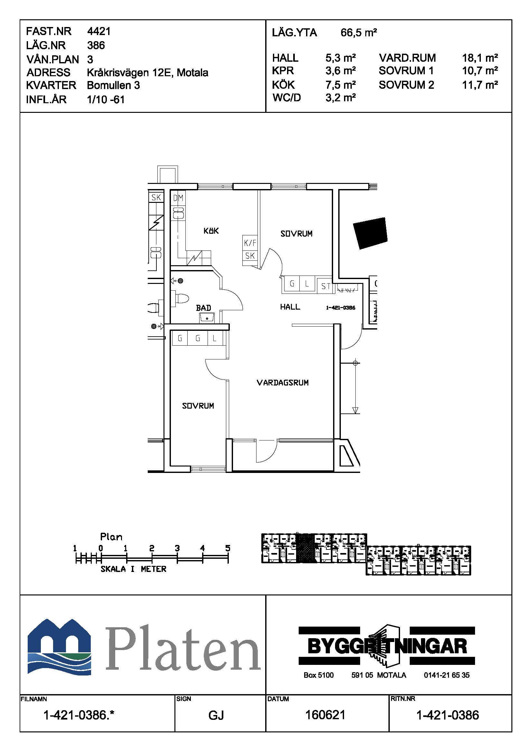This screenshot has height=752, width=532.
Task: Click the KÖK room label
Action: click(211, 231)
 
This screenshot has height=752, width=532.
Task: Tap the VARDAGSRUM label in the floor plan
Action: click(283, 383)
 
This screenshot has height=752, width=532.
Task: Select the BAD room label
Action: click(203, 308)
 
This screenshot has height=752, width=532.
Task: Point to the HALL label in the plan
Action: click(290, 307)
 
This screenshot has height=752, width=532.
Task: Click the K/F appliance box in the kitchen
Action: click(250, 243)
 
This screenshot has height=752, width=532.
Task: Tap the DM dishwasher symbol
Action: click(178, 198)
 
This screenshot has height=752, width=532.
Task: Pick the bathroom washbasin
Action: click(207, 317)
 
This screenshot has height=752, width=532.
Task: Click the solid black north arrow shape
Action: click(370, 233)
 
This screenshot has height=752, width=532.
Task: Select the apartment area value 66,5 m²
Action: click(359, 33)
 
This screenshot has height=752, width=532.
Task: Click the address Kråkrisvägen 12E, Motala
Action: click(147, 72)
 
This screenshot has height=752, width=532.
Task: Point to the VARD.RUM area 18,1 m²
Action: click(480, 58)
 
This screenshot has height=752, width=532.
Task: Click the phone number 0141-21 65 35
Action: click(447, 675)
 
